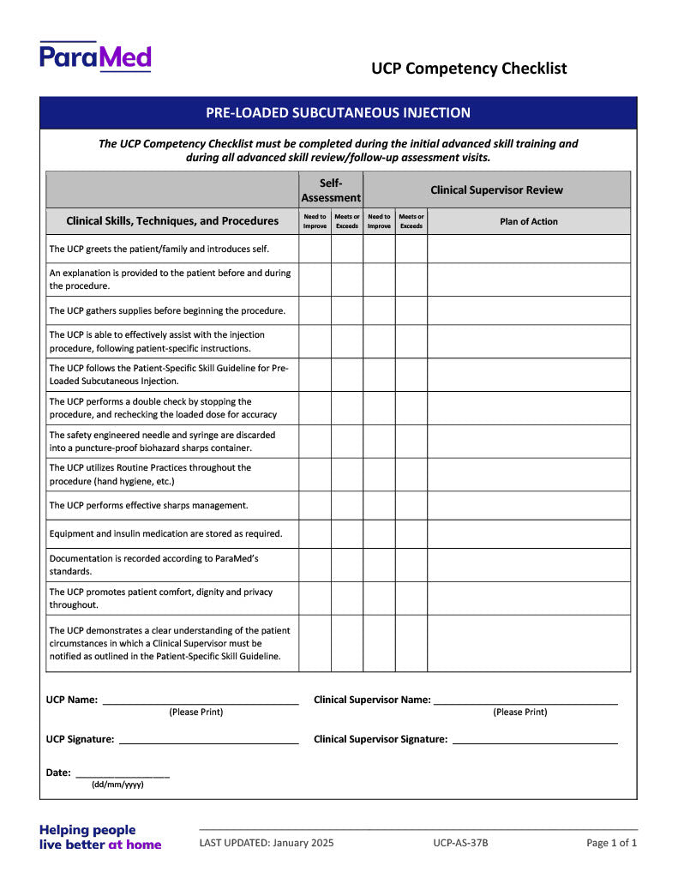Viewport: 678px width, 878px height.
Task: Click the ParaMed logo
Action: click(95, 57)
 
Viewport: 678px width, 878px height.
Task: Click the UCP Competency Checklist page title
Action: click(469, 69)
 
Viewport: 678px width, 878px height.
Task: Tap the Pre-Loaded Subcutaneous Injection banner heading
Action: click(338, 112)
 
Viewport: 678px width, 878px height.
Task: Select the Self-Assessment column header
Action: click(331, 189)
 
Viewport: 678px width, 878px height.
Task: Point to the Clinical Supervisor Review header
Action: click(496, 189)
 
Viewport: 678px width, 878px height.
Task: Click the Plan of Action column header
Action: click(528, 221)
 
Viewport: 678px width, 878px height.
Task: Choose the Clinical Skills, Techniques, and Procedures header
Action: click(172, 221)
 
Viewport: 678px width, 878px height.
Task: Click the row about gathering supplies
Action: click(167, 310)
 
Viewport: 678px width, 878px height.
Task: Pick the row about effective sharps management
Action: click(148, 505)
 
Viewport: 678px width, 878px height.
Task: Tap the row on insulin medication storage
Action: click(165, 533)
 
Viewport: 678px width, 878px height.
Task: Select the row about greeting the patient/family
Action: click(159, 249)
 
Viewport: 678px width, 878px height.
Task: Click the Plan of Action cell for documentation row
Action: click(528, 565)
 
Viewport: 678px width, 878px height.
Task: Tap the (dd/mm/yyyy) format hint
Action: click(117, 785)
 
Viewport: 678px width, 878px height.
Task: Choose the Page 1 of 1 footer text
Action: click(611, 843)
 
